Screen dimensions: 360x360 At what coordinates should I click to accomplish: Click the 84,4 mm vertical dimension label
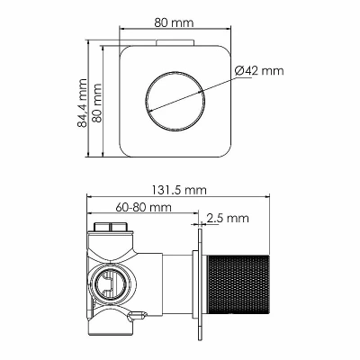pyautogui.click(x=82, y=103)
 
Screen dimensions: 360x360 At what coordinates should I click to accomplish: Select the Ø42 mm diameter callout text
pyautogui.click(x=259, y=71)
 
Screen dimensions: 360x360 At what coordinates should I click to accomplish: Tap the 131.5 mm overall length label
pyautogui.click(x=179, y=190)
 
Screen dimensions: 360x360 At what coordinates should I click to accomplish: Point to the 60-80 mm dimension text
pyautogui.click(x=143, y=207)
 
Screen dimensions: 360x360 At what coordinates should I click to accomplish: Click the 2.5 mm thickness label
pyautogui.click(x=228, y=218)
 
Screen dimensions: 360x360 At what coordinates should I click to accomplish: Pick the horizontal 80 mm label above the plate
pyautogui.click(x=175, y=22)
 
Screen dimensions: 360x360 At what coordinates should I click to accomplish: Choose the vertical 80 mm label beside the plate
pyautogui.click(x=97, y=103)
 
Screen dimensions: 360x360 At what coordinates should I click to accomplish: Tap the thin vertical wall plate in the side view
pyautogui.click(x=200, y=284)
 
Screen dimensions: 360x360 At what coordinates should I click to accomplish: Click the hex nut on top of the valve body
pyautogui.click(x=112, y=227)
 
